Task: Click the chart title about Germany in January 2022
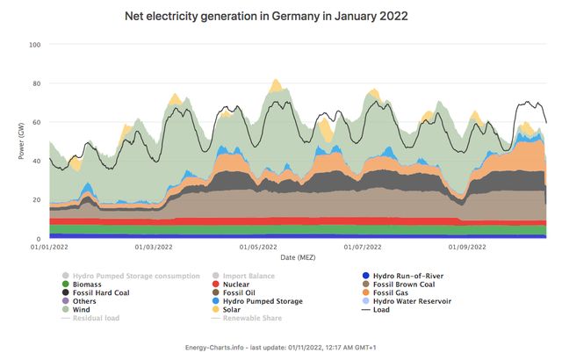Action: pyautogui.click(x=280, y=16)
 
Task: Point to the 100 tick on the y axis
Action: pyautogui.click(x=35, y=45)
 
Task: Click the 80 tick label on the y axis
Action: pyautogui.click(x=37, y=84)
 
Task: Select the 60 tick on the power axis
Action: pyautogui.click(x=37, y=123)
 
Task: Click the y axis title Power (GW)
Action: pyautogui.click(x=21, y=141)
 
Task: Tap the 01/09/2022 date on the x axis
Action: pyautogui.click(x=467, y=248)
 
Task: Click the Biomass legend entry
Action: pyautogui.click(x=88, y=284)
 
